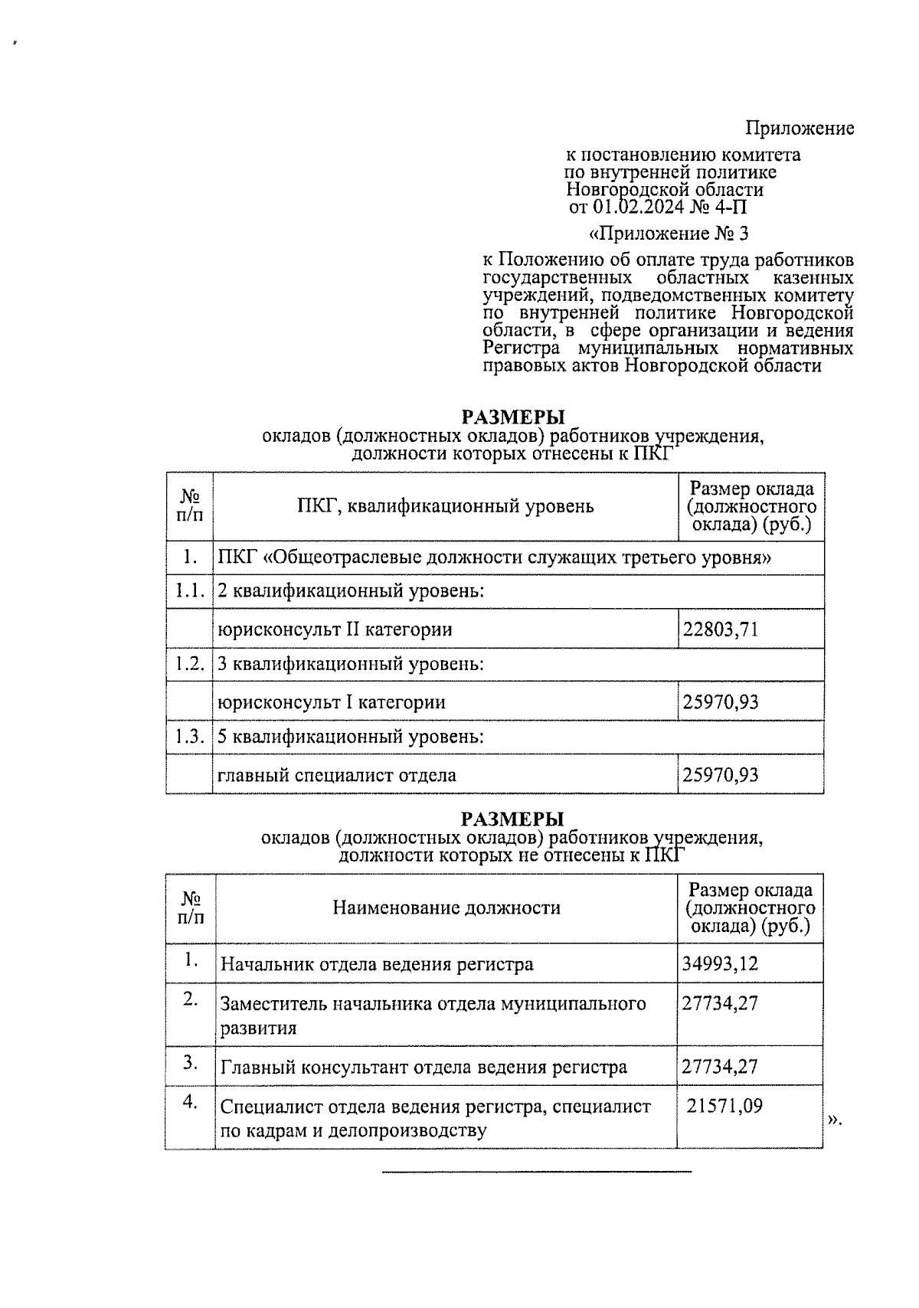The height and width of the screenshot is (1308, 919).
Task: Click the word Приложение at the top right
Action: click(x=800, y=129)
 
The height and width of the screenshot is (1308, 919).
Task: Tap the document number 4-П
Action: click(x=732, y=207)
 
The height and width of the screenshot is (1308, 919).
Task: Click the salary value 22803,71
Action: click(x=721, y=629)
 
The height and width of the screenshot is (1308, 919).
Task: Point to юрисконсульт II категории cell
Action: click(x=335, y=629)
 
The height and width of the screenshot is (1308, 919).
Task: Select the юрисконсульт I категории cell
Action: click(x=332, y=702)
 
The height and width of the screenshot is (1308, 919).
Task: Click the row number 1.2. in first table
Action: click(x=188, y=664)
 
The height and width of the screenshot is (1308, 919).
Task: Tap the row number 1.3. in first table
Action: click(x=188, y=737)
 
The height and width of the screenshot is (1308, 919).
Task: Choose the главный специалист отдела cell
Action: click(x=337, y=775)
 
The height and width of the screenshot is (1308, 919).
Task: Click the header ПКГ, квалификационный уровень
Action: click(x=444, y=506)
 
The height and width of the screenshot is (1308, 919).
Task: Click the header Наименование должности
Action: click(x=446, y=908)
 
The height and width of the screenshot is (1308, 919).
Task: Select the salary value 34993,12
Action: click(x=720, y=963)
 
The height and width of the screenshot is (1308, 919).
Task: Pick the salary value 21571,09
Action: click(x=724, y=1106)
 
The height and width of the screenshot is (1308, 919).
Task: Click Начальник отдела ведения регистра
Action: click(x=377, y=964)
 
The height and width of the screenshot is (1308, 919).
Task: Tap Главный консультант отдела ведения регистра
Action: click(x=424, y=1068)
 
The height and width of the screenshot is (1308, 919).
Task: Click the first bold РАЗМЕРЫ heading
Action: click(x=512, y=417)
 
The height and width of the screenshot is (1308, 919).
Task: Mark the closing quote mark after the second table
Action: click(x=834, y=1120)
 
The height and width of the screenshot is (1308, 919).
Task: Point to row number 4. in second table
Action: click(x=190, y=1103)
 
